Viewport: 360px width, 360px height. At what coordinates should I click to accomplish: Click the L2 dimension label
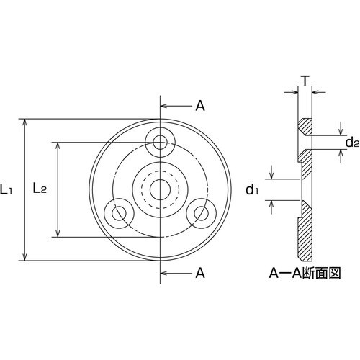(x=40, y=189)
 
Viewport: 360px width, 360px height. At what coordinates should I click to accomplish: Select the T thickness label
(x=305, y=81)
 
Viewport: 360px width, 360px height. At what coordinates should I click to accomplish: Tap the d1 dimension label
(x=252, y=189)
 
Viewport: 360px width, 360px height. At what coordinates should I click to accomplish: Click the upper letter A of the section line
(x=200, y=106)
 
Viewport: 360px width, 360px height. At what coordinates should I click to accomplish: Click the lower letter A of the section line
(x=200, y=273)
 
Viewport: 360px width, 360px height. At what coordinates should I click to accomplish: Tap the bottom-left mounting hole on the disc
(x=116, y=213)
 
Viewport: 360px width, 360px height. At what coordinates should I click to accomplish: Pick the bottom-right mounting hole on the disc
(x=201, y=213)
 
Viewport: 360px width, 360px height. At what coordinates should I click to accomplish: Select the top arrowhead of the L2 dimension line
(x=58, y=144)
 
